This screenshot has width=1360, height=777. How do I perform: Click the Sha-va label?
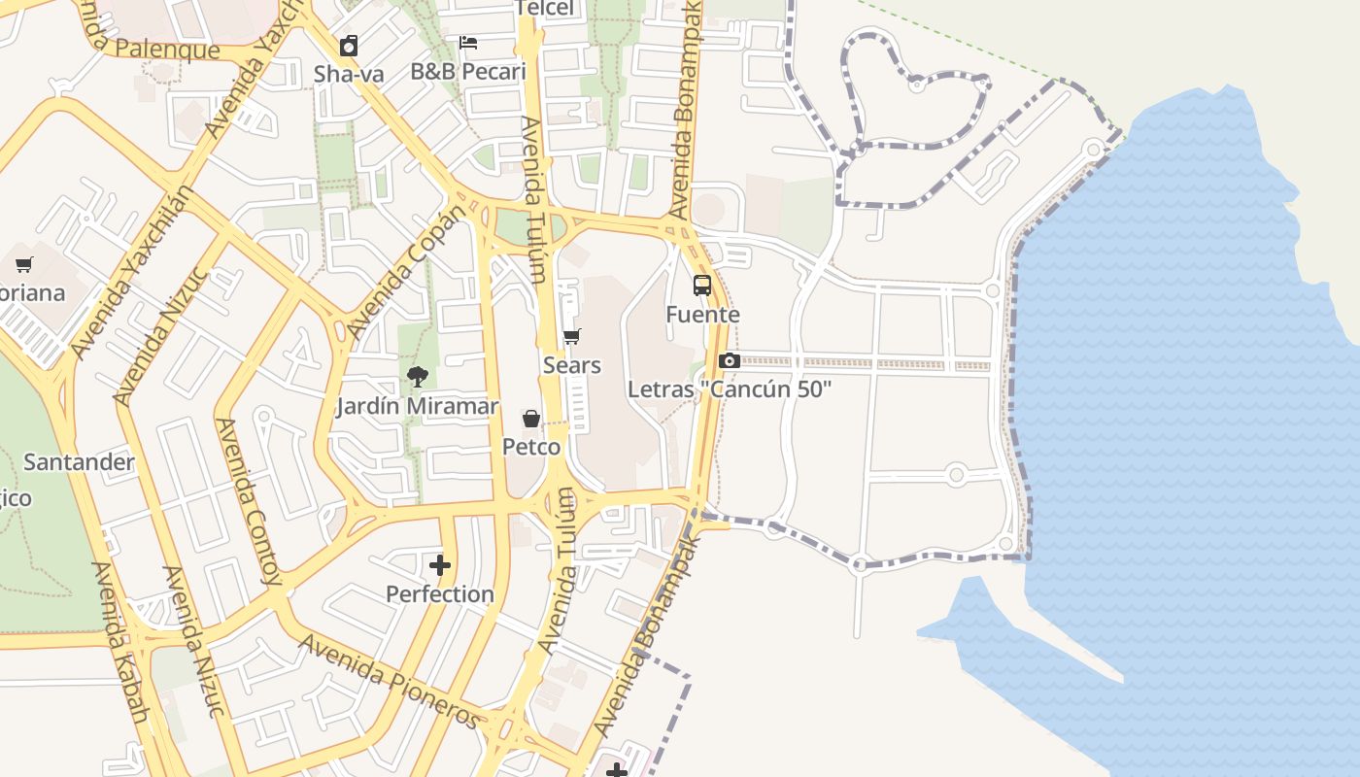pos(349,74)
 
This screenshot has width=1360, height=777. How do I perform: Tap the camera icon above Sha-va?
pos(349,46)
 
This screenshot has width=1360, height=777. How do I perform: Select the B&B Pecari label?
pos(467,71)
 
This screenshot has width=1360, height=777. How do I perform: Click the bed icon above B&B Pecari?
pos(467,43)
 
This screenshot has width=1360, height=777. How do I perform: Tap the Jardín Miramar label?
pos(417,406)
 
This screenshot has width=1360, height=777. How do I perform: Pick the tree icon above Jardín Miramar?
pos(417,377)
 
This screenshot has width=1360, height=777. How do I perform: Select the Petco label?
pos(531,447)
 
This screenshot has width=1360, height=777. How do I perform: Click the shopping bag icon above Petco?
pos(531,419)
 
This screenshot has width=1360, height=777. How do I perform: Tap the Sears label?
pos(572,365)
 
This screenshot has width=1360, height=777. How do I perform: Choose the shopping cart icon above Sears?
pos(572,337)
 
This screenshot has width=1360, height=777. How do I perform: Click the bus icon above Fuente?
pos(702,286)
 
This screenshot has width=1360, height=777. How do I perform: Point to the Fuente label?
pos(702,315)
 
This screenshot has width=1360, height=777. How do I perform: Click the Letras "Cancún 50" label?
pos(730,389)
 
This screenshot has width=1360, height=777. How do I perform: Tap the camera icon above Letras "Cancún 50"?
pos(730,360)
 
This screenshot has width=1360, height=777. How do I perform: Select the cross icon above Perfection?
pos(440,565)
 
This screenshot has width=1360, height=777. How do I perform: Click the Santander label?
pos(79,461)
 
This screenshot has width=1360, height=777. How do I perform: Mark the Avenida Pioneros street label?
pos(389,680)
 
